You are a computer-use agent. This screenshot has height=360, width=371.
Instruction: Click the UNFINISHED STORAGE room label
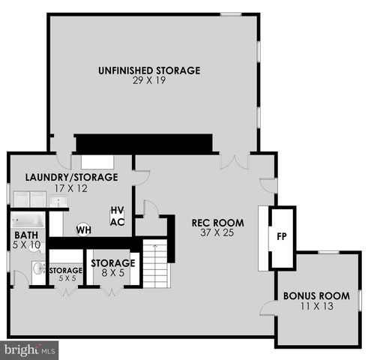pos(149,70)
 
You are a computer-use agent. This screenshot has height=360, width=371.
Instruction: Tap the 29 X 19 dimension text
pos(149,81)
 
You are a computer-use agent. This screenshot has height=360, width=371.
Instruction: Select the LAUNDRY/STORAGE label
pos(72,177)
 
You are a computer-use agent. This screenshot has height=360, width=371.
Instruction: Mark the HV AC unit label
pos(117,217)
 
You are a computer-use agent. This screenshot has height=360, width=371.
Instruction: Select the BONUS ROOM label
pos(316,295)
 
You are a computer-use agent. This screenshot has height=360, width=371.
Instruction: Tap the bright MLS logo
pos(30,349)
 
